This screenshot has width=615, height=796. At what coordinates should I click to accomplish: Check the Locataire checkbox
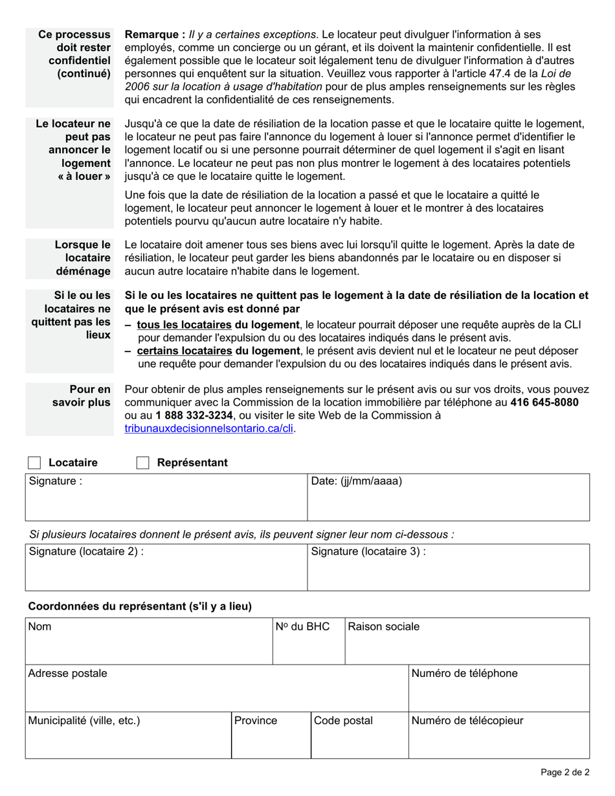click(x=34, y=463)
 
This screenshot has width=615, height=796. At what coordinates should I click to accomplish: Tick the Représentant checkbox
click(x=143, y=463)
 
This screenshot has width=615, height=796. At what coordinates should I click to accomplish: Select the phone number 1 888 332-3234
click(x=194, y=415)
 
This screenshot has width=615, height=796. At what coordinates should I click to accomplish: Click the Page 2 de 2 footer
click(x=565, y=772)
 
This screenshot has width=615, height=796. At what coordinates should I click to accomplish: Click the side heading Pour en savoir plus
click(x=82, y=395)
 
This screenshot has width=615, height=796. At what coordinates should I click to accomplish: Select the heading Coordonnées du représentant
click(x=140, y=606)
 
